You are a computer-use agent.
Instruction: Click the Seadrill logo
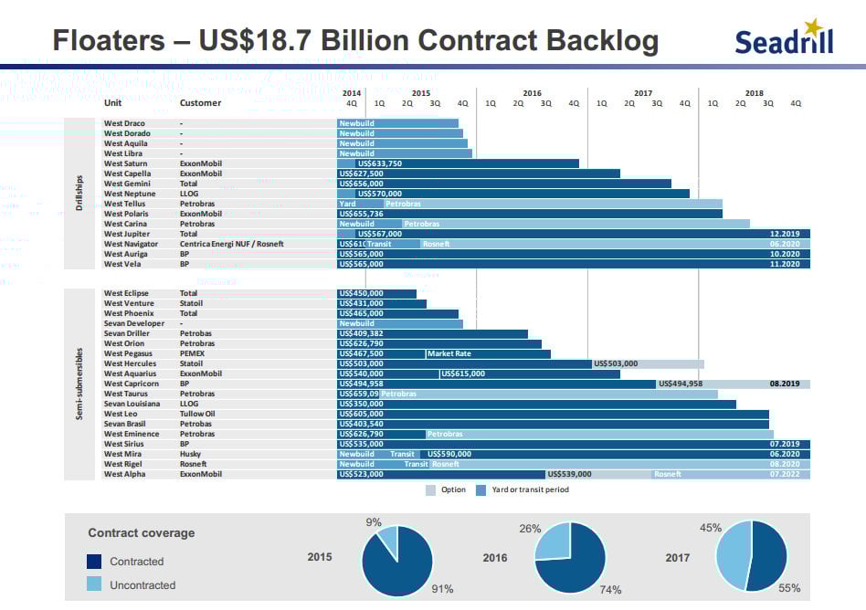click(784, 38)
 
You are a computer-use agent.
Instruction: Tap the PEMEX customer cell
click(192, 353)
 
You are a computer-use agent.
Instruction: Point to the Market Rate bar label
click(449, 353)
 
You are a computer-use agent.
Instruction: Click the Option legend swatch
click(430, 490)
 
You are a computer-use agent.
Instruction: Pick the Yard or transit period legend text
click(531, 490)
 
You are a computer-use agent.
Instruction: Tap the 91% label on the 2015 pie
click(442, 589)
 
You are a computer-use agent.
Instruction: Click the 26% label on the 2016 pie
click(530, 529)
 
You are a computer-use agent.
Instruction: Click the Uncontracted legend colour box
click(94, 584)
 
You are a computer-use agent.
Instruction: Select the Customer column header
click(200, 103)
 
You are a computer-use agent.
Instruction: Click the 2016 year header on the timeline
click(532, 93)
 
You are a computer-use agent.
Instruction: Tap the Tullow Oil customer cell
click(197, 414)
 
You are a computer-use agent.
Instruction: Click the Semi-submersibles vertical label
click(80, 384)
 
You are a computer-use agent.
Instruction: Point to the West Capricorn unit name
click(131, 384)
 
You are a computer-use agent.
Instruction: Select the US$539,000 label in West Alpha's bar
click(570, 474)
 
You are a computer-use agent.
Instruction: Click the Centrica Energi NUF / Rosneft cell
click(231, 244)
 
